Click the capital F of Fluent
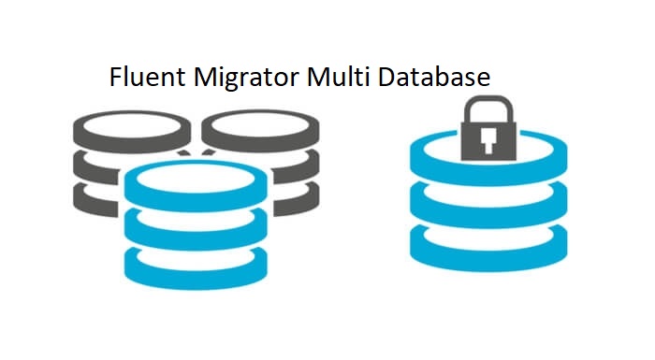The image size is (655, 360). (116, 79)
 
